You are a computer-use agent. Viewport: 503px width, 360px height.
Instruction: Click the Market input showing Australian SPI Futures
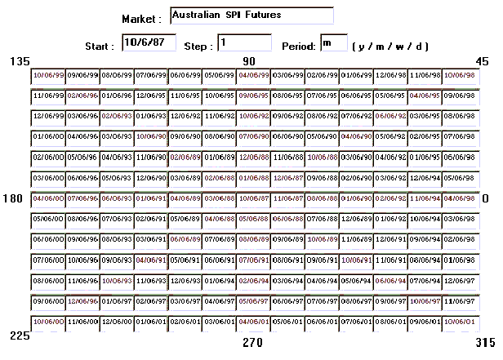tap(251, 16)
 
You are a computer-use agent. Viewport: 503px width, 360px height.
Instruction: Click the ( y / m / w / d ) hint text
tap(390, 46)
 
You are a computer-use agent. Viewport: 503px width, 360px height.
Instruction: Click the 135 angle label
tap(19, 62)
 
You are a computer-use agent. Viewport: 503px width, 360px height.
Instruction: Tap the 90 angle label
tap(249, 62)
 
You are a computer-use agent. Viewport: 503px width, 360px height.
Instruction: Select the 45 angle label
tap(482, 62)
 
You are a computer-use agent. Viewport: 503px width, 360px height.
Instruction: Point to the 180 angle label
tap(12, 198)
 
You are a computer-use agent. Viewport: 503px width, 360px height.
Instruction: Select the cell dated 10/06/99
tap(47, 75)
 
